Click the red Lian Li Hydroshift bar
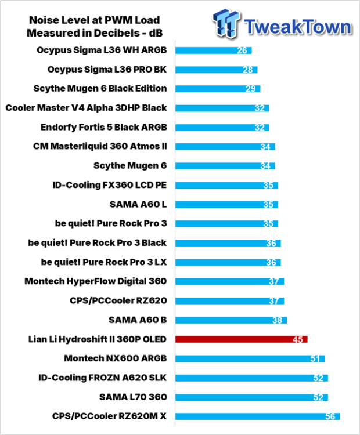(x=242, y=339)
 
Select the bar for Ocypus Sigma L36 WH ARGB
(x=213, y=50)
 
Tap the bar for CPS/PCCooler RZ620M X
(x=257, y=416)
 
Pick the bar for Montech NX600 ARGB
(x=250, y=358)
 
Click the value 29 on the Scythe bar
(x=251, y=89)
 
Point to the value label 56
(x=330, y=416)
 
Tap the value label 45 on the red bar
(x=298, y=339)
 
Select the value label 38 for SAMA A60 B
(x=277, y=320)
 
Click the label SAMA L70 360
(x=133, y=397)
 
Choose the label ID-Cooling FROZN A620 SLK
(x=103, y=378)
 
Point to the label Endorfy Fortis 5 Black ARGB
(x=104, y=127)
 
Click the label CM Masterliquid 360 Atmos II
(x=100, y=146)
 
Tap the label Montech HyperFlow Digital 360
(x=96, y=281)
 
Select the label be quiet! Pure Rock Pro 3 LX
(x=104, y=262)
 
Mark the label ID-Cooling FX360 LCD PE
(x=110, y=185)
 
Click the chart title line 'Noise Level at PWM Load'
(x=95, y=20)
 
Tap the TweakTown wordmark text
(x=298, y=27)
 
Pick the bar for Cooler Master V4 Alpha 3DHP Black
(x=222, y=108)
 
